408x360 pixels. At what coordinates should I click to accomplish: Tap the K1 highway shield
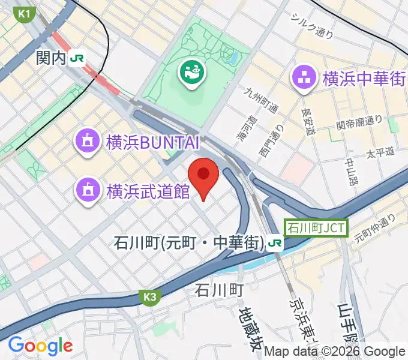[x=25, y=13]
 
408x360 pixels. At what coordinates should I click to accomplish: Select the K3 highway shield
[x=150, y=296]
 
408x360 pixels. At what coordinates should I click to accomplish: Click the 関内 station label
[x=49, y=58]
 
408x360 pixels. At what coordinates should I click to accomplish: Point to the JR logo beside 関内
[x=77, y=58]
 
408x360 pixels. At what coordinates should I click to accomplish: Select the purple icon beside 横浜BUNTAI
[x=87, y=142]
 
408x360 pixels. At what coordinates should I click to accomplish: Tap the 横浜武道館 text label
[x=148, y=191]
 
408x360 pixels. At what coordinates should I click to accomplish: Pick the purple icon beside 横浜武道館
[x=87, y=191]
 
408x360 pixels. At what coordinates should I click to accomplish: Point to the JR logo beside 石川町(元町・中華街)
[x=275, y=243]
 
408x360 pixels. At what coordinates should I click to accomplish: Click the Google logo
[x=40, y=346]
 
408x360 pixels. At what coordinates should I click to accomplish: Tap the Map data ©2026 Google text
[x=335, y=352]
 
